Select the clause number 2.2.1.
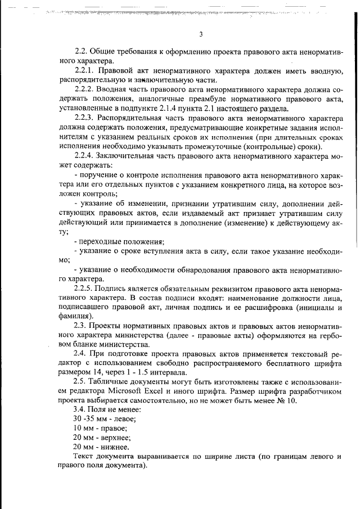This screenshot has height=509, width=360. [x=85, y=70]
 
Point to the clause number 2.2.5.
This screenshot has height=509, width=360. [x=85, y=287]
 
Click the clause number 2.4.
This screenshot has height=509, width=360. [x=80, y=354]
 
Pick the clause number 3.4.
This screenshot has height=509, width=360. [x=80, y=409]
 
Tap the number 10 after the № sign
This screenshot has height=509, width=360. [x=299, y=401]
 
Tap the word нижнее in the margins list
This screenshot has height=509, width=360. [x=117, y=447]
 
